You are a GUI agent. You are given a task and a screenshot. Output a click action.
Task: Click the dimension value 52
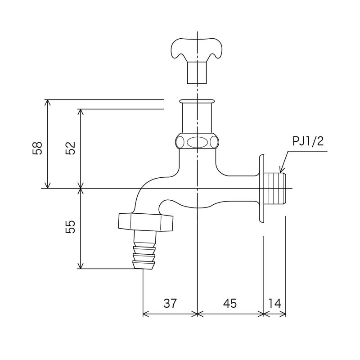71,148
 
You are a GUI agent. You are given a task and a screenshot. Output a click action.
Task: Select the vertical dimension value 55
71,227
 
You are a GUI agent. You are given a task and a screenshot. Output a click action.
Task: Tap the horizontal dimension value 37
170,303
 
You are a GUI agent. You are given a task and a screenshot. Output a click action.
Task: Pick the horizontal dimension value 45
229,303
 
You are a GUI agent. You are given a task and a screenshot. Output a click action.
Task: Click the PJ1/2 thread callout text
308,142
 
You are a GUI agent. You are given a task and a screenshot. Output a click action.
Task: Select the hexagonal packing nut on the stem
197,141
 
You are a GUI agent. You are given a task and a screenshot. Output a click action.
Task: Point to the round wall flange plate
261,189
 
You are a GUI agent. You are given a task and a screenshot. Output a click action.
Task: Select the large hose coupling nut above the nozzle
145,221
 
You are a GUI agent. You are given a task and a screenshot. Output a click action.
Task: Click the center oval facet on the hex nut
197,142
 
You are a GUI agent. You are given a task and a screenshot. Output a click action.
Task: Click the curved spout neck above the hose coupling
143,191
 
